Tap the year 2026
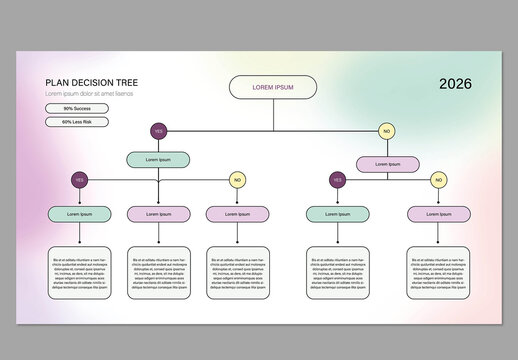(x=456, y=84)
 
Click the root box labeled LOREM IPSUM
(x=273, y=87)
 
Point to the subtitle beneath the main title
(x=89, y=94)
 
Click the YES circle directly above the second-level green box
(x=158, y=131)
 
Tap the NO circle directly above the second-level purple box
(x=387, y=131)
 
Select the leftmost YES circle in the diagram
(x=79, y=180)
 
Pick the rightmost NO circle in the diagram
(x=438, y=180)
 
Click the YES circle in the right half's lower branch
(x=338, y=180)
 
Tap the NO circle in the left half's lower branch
(x=237, y=180)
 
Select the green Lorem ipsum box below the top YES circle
(x=158, y=159)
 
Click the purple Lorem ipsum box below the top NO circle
(x=387, y=163)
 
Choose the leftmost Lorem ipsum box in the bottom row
(x=79, y=213)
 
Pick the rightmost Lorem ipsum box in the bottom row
(x=438, y=213)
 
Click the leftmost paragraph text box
(x=79, y=270)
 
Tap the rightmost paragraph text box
(x=438, y=270)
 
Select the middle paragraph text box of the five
(x=237, y=270)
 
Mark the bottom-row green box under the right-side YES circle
(x=338, y=213)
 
